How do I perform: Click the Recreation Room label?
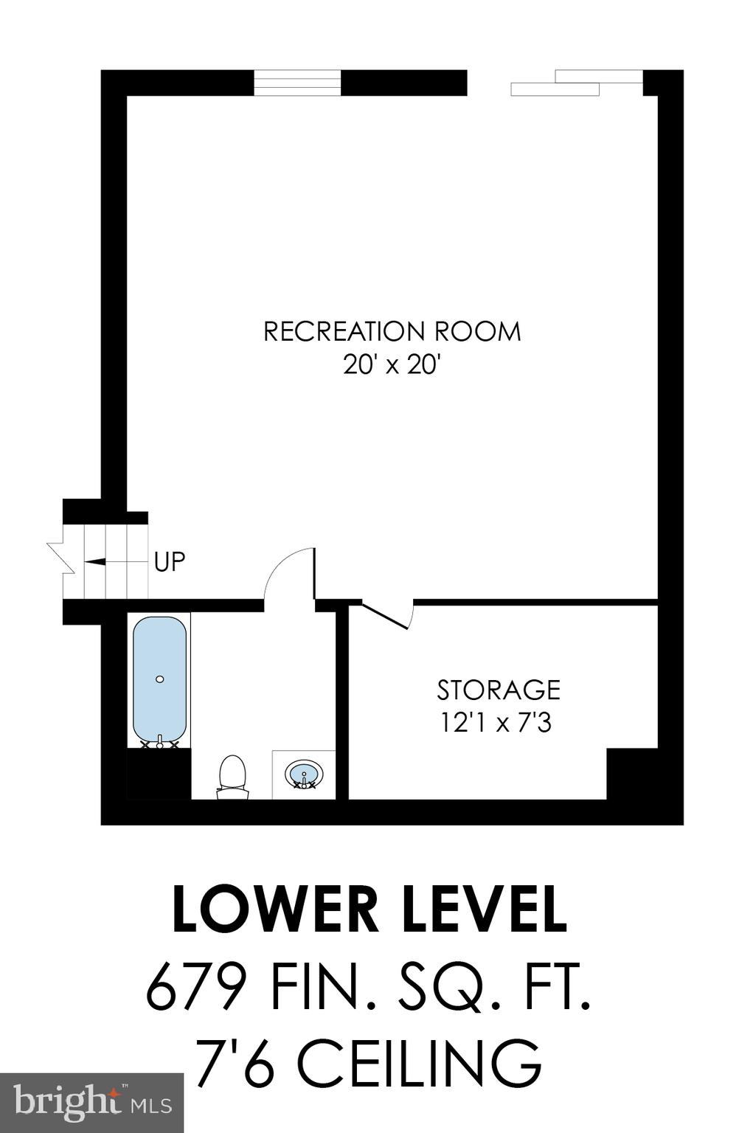click(392, 331)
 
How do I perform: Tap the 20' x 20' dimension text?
click(392, 364)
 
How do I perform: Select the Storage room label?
click(499, 690)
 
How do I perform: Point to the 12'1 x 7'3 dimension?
click(496, 723)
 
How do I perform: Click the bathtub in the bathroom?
click(159, 679)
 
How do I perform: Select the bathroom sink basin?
click(304, 775)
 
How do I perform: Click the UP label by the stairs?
click(170, 562)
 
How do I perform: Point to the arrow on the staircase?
click(96, 561)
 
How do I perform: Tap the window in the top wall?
click(297, 83)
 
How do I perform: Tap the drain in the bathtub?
click(160, 679)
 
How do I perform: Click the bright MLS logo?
click(91, 1103)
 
